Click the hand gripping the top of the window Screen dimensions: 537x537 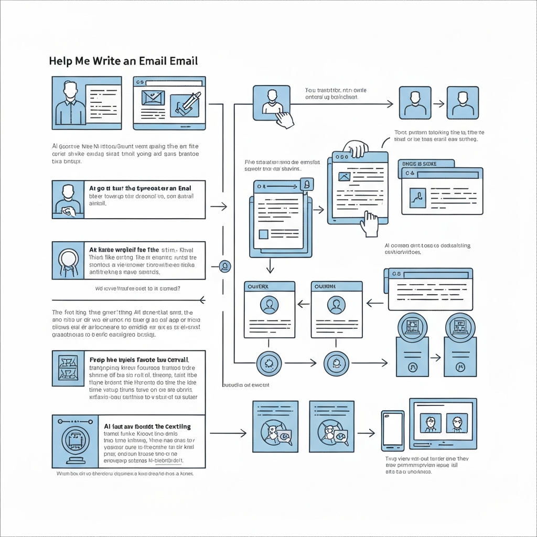(x=357, y=148)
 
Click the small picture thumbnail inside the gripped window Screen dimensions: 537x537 (x=344, y=177)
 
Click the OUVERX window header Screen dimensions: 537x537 (x=270, y=286)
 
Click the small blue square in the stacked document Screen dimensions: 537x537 (x=264, y=234)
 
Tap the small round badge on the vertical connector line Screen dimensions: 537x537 (x=225, y=266)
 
